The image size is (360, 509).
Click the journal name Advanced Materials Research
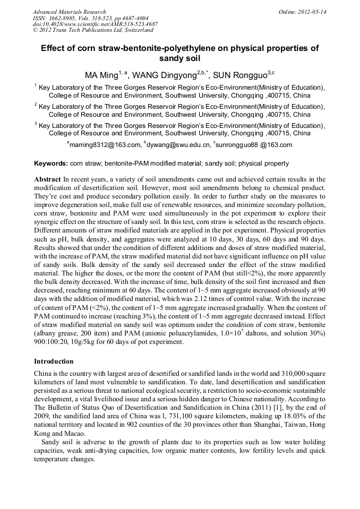click(x=69, y=12)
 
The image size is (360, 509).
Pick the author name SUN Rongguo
click(x=239, y=75)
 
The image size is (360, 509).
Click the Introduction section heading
click(x=54, y=361)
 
